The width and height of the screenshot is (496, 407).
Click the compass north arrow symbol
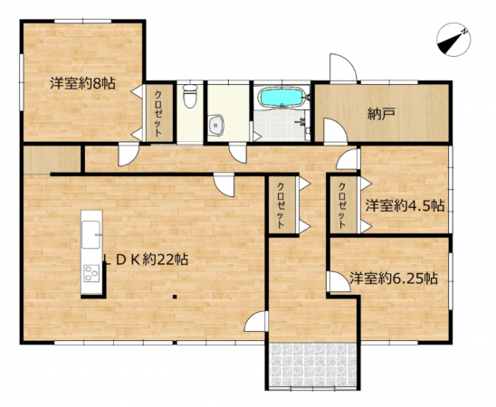point(451,40)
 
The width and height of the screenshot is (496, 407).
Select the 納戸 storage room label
point(381,115)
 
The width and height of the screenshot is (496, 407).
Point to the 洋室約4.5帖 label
point(405,205)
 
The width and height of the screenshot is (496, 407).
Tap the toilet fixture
point(189,95)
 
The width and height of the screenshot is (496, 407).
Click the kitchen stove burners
point(91,272)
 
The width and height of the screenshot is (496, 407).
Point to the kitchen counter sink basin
point(91,237)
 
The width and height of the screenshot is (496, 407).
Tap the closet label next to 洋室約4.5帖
point(343,205)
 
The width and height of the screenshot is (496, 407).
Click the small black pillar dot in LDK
point(176,294)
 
